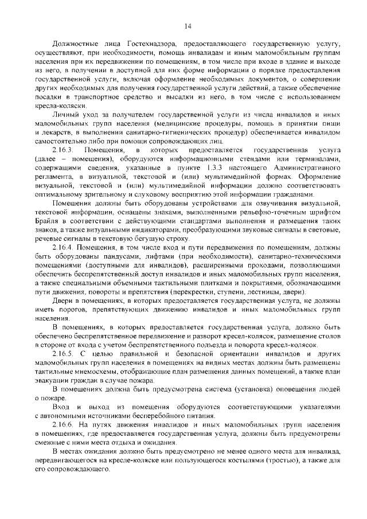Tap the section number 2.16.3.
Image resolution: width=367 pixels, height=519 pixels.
click(64, 150)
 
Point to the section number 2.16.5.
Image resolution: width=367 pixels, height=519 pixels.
click(64, 354)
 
